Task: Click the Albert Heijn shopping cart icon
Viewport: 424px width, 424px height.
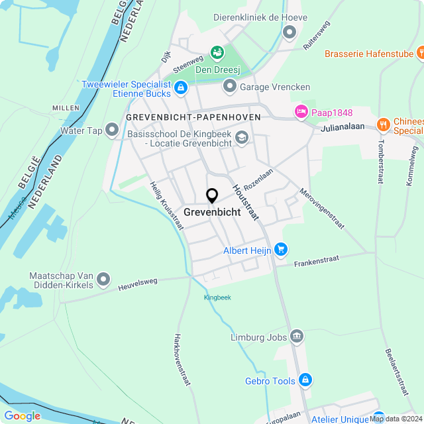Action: [282, 250]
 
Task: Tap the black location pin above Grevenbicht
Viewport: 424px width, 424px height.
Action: [212, 196]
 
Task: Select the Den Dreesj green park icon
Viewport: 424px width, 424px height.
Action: [216, 52]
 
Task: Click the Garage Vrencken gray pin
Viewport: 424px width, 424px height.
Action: [229, 86]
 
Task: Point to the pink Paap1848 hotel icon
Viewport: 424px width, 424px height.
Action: [301, 111]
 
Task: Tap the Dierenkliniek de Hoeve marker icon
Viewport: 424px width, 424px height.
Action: [289, 32]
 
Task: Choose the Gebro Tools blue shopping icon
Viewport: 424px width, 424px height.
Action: [305, 380]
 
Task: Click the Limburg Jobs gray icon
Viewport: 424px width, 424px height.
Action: [297, 337]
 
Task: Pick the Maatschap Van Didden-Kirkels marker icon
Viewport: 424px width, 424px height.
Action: [103, 281]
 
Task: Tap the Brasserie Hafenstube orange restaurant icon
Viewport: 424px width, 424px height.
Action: [421, 53]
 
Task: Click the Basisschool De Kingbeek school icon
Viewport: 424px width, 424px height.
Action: [242, 138]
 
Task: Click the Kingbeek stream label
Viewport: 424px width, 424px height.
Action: [217, 297]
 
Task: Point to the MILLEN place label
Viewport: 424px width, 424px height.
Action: [65, 108]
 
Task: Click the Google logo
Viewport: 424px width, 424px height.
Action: [22, 415]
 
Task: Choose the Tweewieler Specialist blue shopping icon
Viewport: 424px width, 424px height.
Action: [180, 89]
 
